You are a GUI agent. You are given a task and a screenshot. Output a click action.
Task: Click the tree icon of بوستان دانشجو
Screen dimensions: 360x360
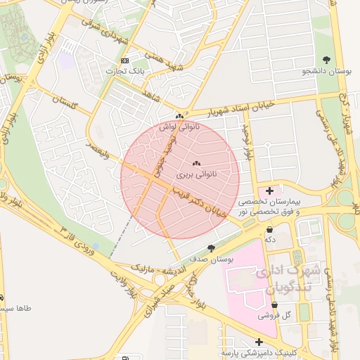326,60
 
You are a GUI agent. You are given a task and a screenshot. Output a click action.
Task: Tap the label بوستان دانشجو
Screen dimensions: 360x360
326,71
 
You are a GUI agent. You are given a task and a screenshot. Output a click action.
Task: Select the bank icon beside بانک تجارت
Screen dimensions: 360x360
125,60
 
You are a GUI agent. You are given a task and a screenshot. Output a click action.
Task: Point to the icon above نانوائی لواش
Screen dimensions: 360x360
180,116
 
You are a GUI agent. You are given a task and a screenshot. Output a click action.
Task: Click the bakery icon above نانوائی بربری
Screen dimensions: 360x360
195,162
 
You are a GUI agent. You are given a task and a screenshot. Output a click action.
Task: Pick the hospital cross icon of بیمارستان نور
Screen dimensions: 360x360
269,190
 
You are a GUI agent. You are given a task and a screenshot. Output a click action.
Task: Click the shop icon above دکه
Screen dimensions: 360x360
269,229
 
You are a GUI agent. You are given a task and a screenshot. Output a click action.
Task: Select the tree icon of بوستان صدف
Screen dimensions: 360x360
211,248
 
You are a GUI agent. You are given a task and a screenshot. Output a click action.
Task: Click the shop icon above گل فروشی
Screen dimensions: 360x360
274,305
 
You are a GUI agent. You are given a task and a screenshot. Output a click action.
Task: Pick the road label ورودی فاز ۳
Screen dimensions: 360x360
86,239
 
